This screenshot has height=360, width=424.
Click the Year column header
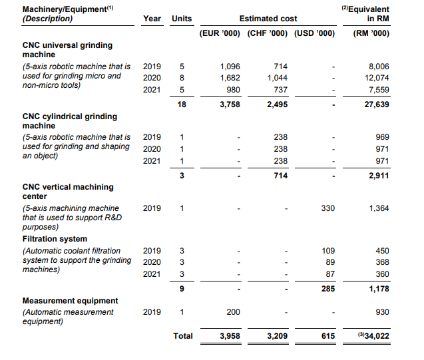(x=152, y=19)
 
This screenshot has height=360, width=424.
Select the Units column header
(x=181, y=19)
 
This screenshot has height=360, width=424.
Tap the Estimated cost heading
(x=268, y=19)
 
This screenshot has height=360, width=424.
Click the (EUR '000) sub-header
(x=220, y=33)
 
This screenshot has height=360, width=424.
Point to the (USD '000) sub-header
(x=315, y=33)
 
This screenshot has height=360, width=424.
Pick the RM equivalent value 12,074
(x=375, y=78)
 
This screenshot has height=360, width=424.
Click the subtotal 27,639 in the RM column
(x=375, y=104)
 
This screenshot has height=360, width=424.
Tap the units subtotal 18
(x=182, y=104)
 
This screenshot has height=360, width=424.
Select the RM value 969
(x=381, y=137)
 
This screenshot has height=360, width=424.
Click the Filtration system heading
(x=55, y=239)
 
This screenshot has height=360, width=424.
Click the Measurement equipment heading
(x=70, y=301)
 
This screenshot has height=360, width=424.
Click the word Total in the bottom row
(x=182, y=336)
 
